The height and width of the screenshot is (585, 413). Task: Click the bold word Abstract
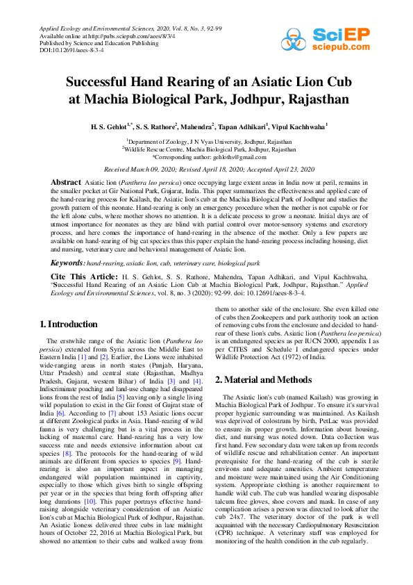coord(67,182)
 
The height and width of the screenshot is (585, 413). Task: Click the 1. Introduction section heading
coord(69,324)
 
